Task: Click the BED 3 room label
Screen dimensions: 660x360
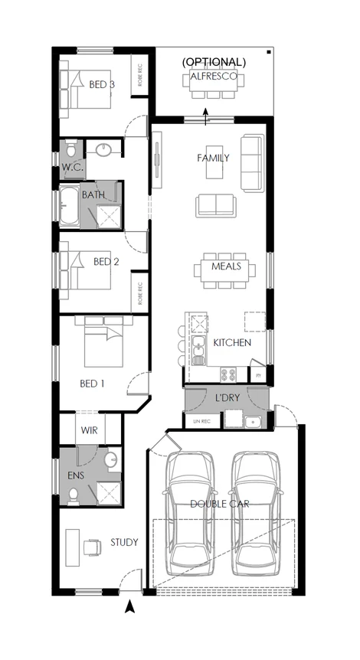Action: (102, 84)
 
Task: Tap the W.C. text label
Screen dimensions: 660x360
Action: (71, 167)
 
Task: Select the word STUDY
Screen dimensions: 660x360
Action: (123, 543)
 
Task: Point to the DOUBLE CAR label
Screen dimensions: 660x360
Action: (222, 504)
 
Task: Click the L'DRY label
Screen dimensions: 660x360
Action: (227, 399)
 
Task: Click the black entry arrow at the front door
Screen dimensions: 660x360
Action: (130, 608)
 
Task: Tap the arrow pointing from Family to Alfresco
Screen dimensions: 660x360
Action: (206, 116)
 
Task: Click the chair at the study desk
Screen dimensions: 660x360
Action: (93, 547)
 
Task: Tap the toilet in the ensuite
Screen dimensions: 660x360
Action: (73, 496)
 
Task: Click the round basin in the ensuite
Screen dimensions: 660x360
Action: (111, 460)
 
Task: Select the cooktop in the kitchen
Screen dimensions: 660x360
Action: (228, 374)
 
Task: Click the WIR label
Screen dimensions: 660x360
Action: (90, 431)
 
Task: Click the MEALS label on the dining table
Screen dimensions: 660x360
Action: (227, 266)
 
